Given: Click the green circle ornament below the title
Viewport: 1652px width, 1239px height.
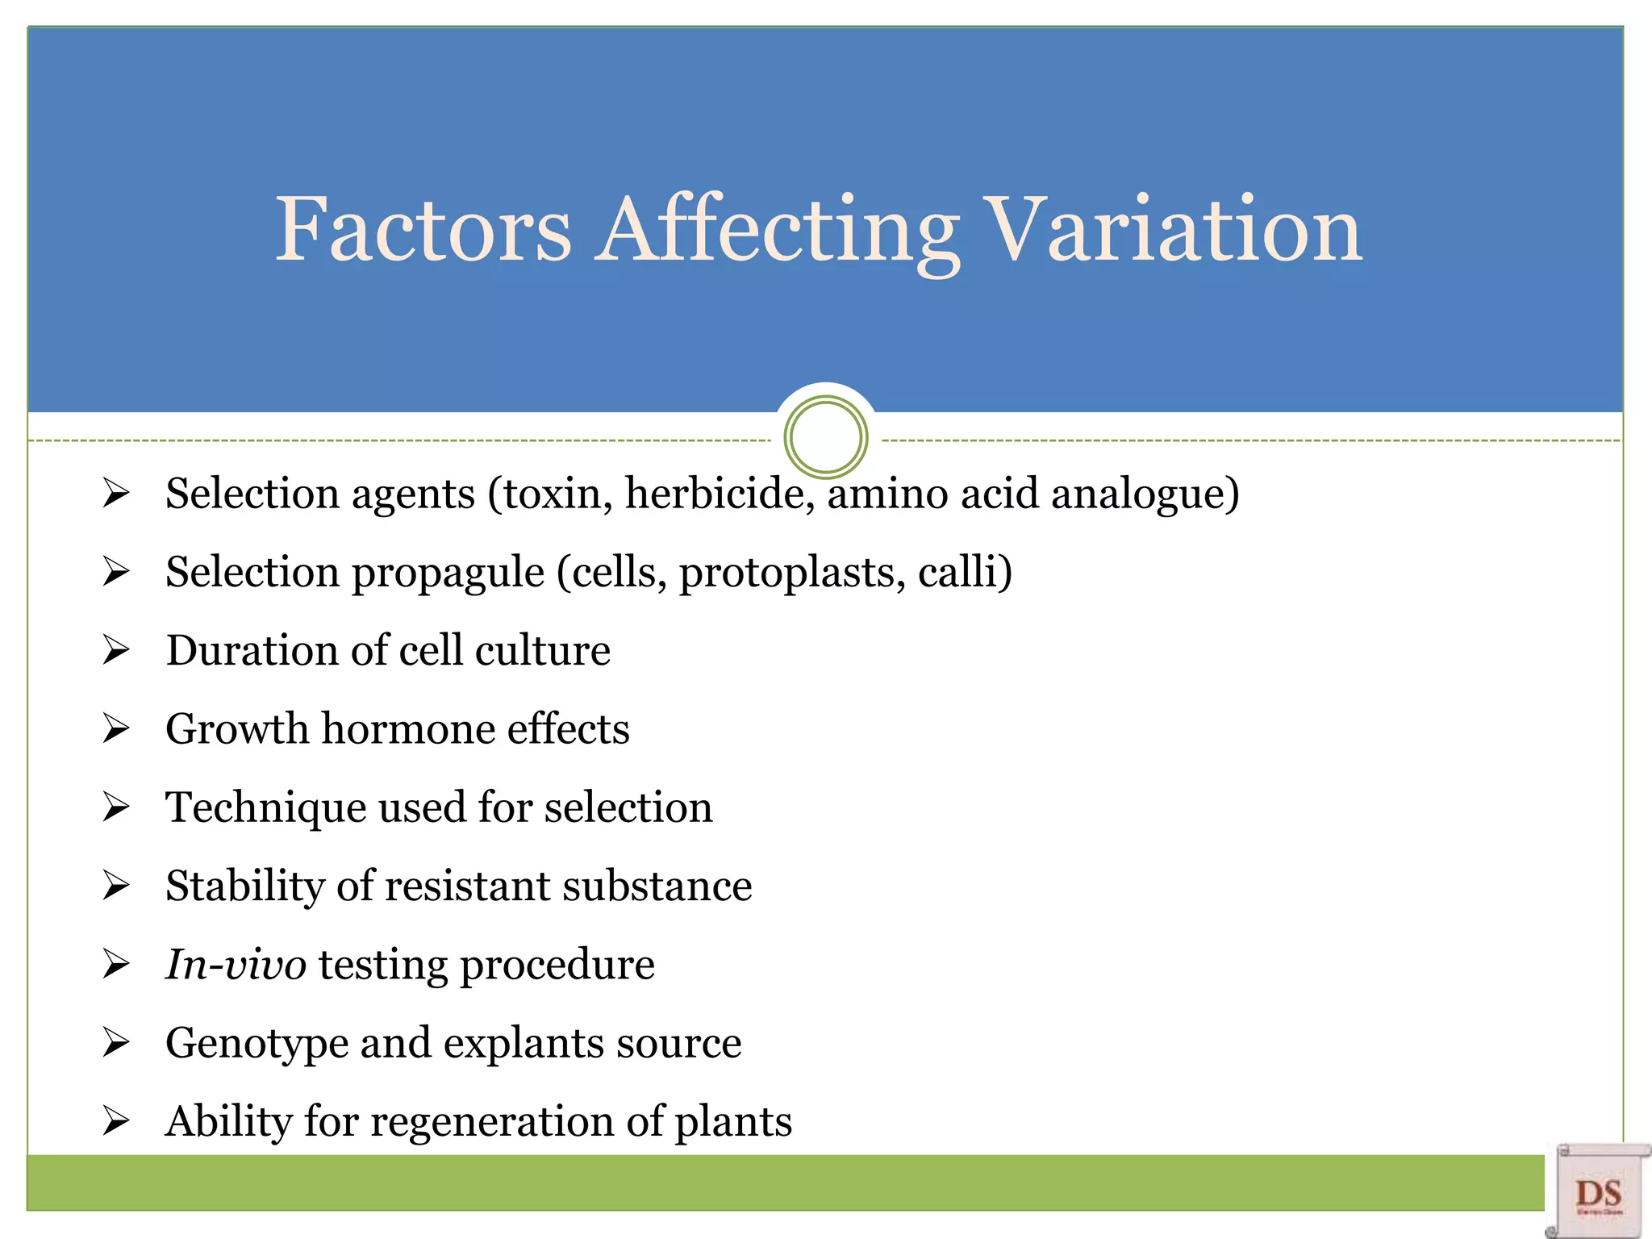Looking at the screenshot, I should [x=825, y=437].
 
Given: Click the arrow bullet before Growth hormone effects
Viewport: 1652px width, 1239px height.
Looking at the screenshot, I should [x=116, y=728].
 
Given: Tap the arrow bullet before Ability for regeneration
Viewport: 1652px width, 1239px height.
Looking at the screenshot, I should [x=116, y=1120].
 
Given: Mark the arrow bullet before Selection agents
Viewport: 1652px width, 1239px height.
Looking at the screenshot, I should [x=116, y=493].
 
